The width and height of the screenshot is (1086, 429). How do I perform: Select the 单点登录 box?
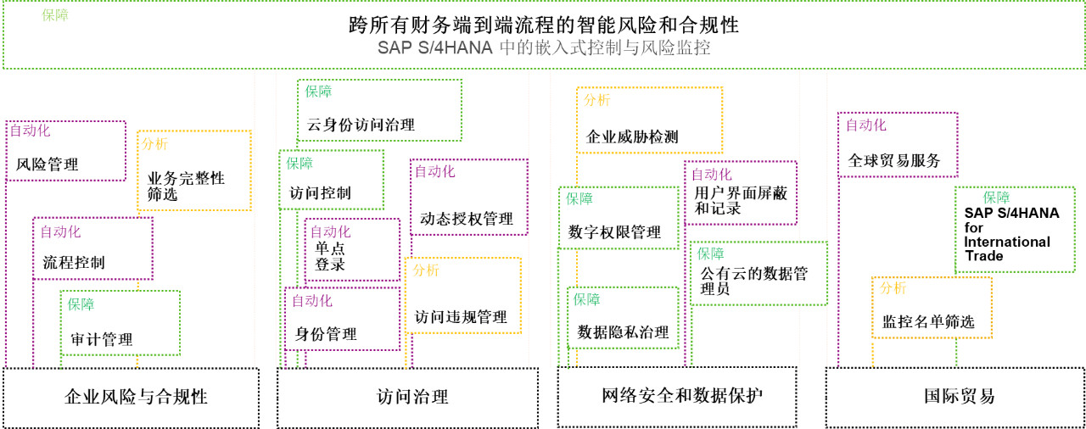352,249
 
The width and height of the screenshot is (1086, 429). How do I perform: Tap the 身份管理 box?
342,319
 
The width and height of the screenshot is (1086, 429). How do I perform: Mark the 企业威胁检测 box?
649,120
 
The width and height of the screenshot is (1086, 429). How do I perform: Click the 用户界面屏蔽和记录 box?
741,193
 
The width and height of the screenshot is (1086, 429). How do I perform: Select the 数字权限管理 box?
619,218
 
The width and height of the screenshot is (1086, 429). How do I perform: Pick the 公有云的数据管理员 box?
759,274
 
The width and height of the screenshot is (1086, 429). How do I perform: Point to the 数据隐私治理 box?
623,318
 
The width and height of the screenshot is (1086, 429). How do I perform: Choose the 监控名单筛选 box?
932,308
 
